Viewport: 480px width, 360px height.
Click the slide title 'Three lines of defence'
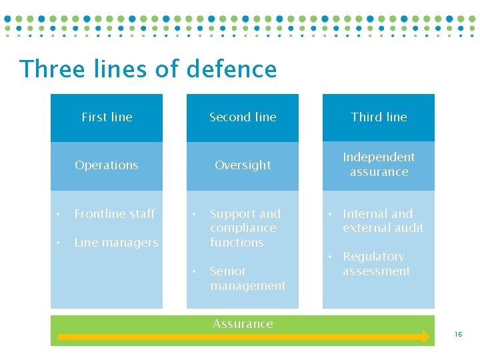click(x=148, y=69)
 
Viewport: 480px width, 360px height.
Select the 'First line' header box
click(x=107, y=117)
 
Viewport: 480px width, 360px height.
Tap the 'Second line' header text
click(x=243, y=117)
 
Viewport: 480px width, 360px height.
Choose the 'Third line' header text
click(x=379, y=117)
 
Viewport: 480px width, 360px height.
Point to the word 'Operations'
click(x=107, y=165)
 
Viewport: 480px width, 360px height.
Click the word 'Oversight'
click(x=243, y=165)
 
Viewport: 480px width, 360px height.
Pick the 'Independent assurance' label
click(x=379, y=165)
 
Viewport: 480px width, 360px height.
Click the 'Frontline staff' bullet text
click(x=115, y=214)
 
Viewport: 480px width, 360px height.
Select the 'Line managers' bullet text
click(x=116, y=243)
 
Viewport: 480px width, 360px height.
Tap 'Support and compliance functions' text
click(x=245, y=228)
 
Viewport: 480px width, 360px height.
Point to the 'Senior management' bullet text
click(x=247, y=279)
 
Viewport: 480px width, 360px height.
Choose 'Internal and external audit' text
click(x=383, y=221)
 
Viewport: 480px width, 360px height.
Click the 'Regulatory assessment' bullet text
click(x=376, y=264)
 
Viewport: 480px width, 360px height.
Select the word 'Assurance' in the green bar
click(x=243, y=324)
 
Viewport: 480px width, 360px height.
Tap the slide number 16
click(x=458, y=335)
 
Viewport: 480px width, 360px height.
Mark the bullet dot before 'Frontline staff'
click(x=59, y=214)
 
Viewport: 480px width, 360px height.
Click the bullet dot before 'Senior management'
click(x=194, y=271)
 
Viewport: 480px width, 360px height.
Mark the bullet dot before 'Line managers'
click(x=59, y=243)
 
